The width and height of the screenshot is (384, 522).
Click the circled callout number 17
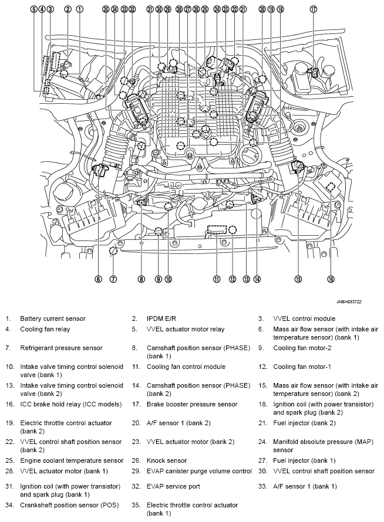pos(313,9)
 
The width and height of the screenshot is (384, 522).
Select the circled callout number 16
pos(331,279)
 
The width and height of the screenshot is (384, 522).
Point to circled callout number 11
pos(217,279)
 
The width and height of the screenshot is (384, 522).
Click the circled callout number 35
pos(105,9)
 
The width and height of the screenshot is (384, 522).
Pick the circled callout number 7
pos(113,279)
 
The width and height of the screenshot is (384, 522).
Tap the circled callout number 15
pos(298,279)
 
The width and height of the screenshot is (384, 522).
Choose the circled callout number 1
pos(80,9)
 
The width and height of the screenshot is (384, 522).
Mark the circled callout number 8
pos(141,279)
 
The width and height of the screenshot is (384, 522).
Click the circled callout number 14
pos(257,279)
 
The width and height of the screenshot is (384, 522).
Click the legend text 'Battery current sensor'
pos(53,318)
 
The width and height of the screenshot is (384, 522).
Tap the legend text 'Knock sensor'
pos(167,460)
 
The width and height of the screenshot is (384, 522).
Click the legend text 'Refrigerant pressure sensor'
pos(61,348)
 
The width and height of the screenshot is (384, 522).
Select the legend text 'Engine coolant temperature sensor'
pos(72,460)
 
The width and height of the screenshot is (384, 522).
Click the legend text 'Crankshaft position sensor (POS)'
pos(69,504)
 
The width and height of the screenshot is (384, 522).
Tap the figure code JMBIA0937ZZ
pos(349,301)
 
